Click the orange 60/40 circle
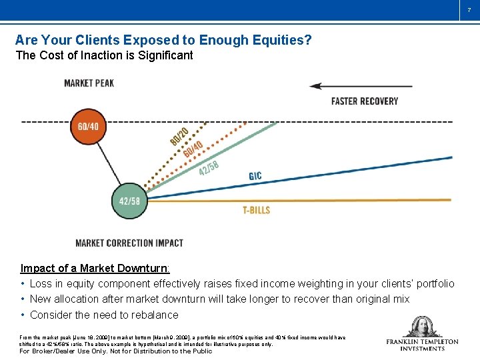point(89,126)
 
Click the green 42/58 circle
point(129,201)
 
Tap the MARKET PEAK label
point(89,83)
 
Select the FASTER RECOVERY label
point(365,101)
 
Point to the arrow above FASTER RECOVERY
point(361,86)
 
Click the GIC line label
point(255,176)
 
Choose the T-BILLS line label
point(256,210)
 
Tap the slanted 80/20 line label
point(178,136)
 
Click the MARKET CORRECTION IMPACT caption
point(129,243)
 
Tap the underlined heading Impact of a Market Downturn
point(95,268)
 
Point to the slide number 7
point(469,9)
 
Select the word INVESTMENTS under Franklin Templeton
point(423,349)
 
